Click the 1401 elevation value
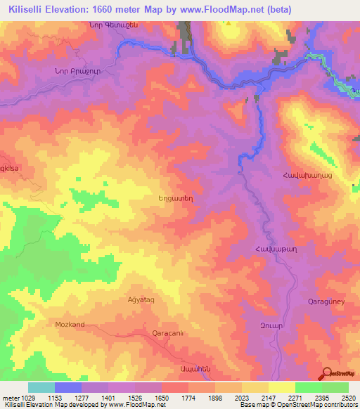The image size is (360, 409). (x=108, y=398)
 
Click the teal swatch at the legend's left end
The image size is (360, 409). (x=41, y=387)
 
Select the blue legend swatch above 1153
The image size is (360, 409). (x=68, y=387)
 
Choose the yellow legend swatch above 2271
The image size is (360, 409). (x=282, y=387)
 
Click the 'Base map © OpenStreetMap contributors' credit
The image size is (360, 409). (x=300, y=405)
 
